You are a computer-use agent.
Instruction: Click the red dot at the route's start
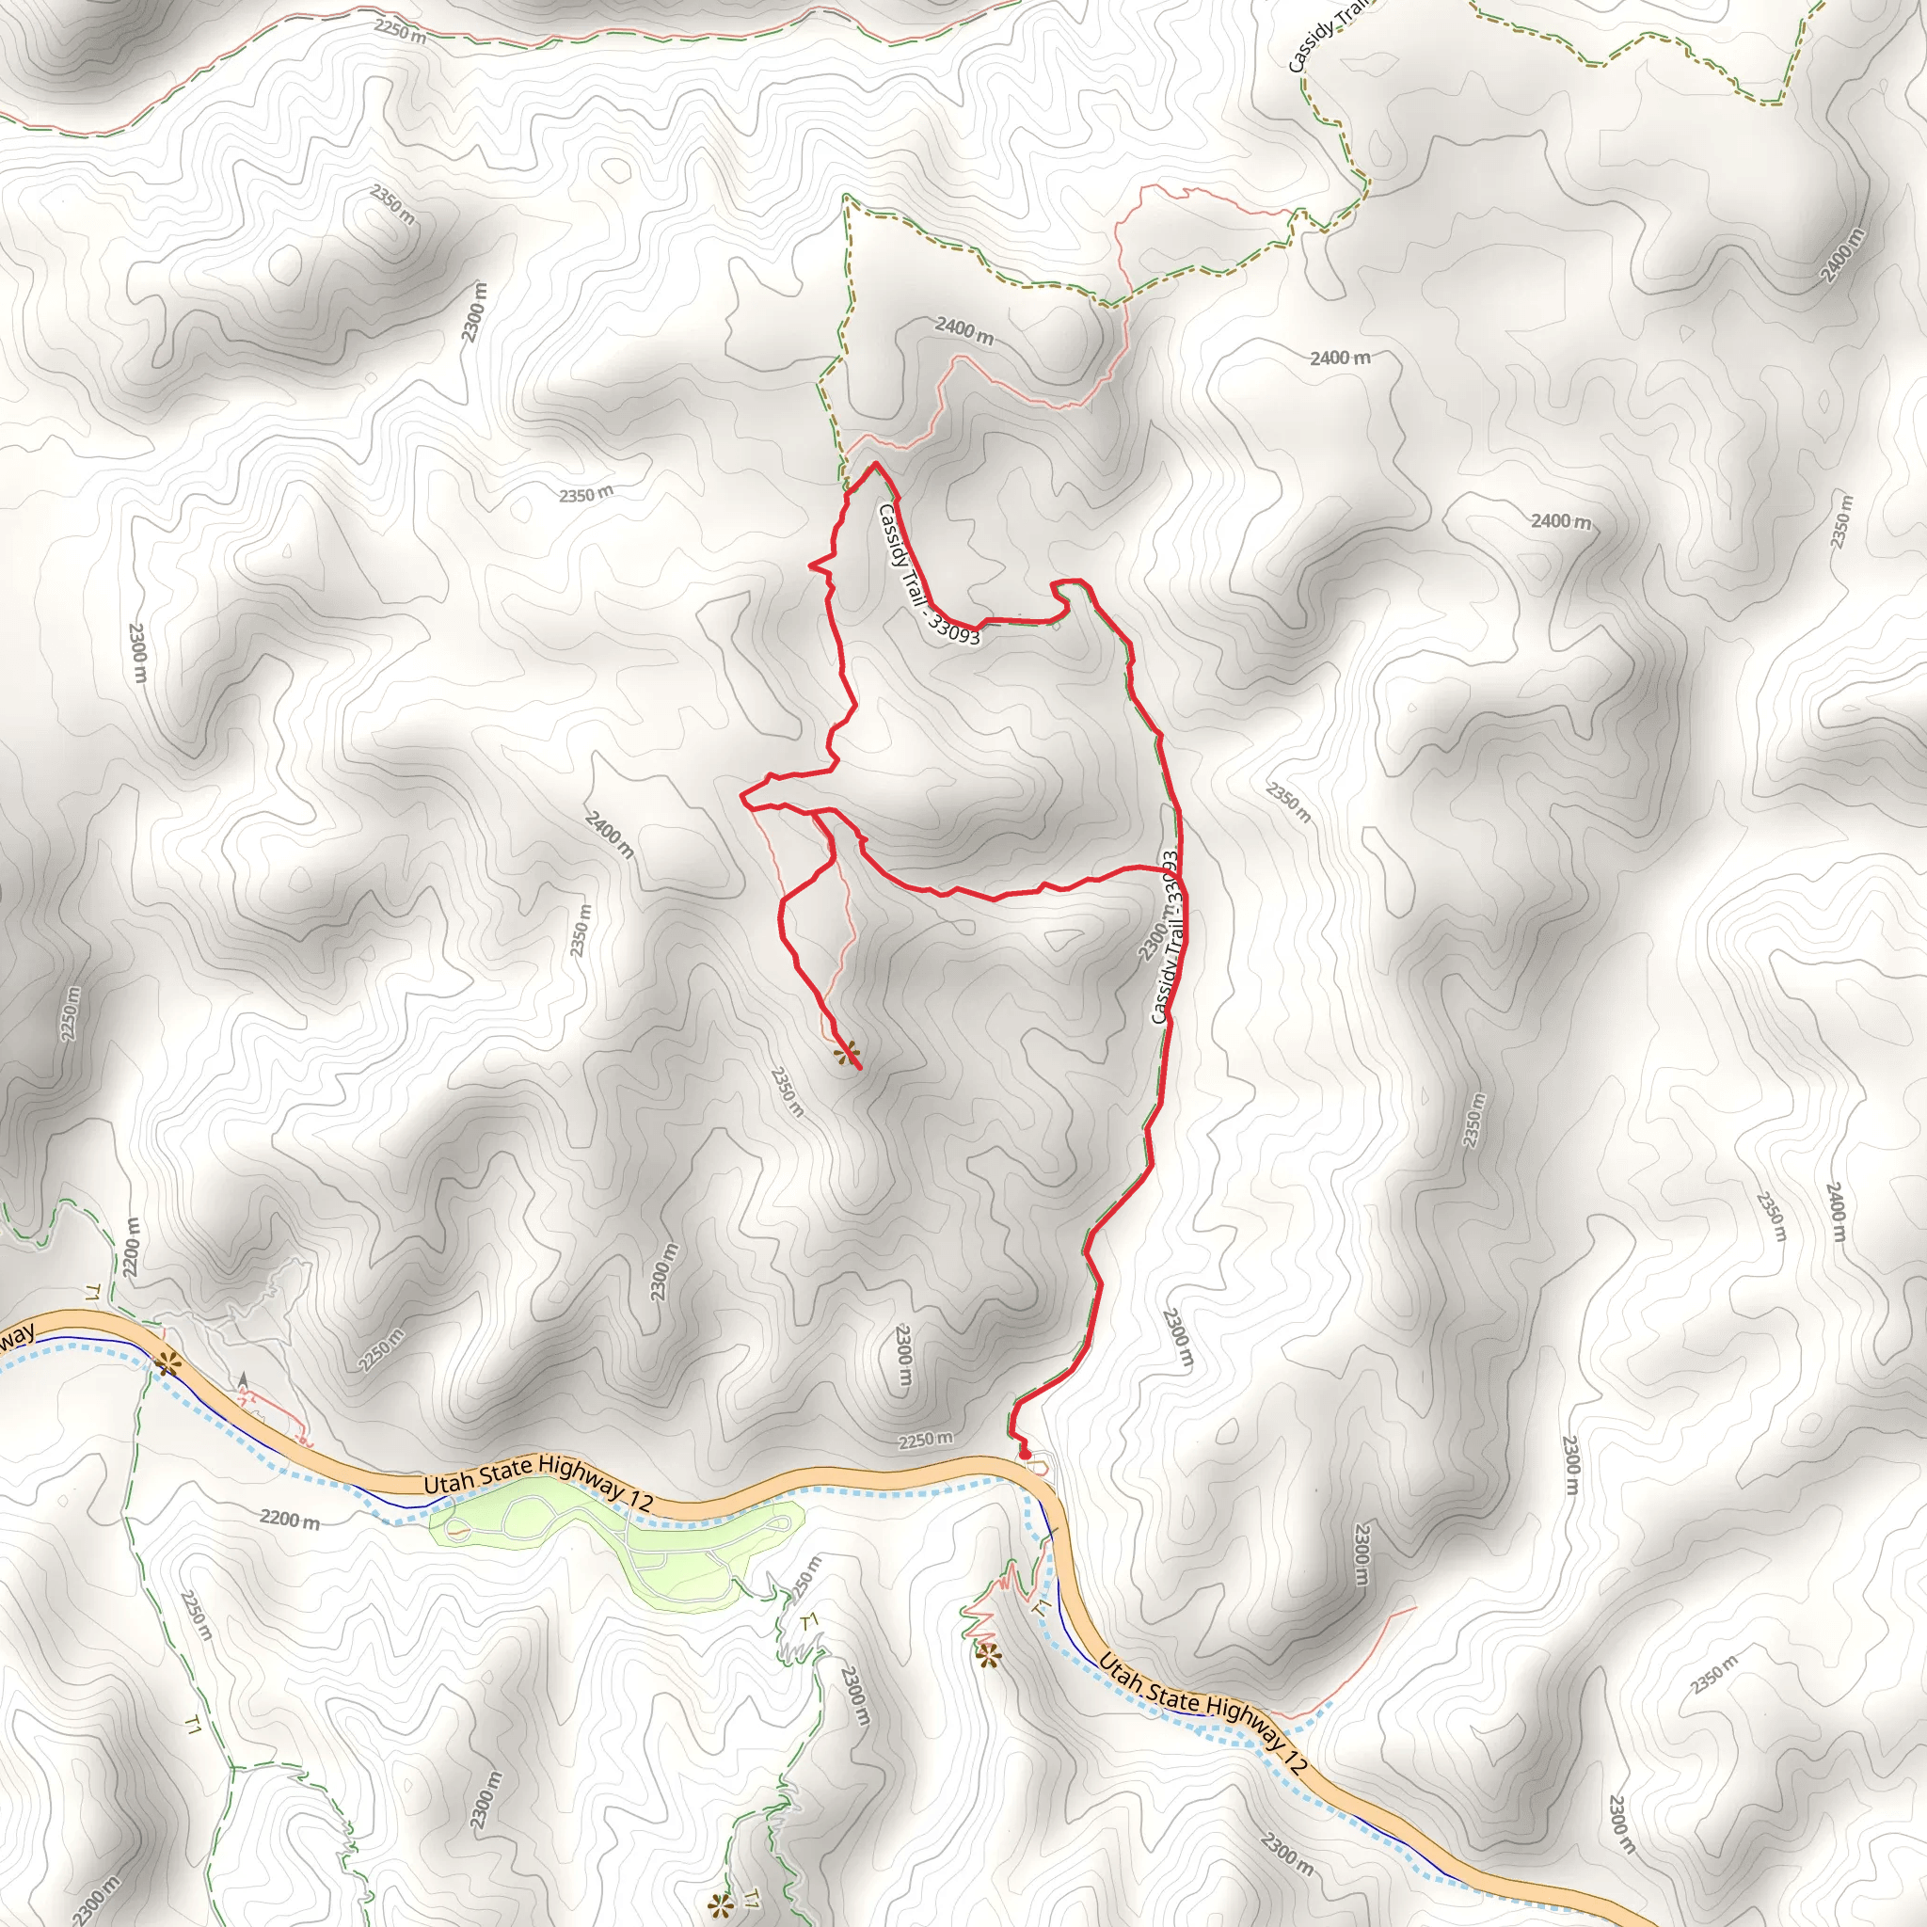point(1024,1456)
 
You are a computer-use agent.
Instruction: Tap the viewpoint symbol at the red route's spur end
point(847,1052)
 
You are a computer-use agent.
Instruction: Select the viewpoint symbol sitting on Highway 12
point(167,1365)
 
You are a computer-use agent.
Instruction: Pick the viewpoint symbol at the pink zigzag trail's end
point(987,1657)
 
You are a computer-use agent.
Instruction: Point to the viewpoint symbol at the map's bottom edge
point(718,1906)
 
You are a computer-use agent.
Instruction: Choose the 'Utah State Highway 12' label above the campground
point(538,1482)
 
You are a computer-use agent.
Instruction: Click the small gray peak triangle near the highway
point(244,1378)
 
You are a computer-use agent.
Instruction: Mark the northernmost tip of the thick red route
point(875,464)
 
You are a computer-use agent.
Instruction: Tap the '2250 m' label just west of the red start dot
point(925,1440)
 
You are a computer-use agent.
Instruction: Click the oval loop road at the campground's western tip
point(460,1529)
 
